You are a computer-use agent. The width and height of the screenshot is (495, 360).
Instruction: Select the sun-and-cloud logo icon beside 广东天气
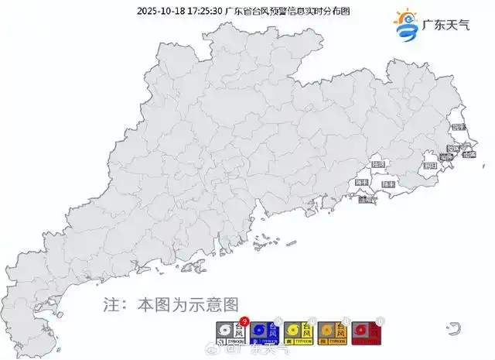(405, 25)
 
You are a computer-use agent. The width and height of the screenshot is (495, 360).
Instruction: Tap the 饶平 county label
(457, 127)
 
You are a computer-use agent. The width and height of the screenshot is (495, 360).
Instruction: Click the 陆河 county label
(378, 165)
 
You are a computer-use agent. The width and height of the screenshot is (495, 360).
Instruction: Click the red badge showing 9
(244, 321)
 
